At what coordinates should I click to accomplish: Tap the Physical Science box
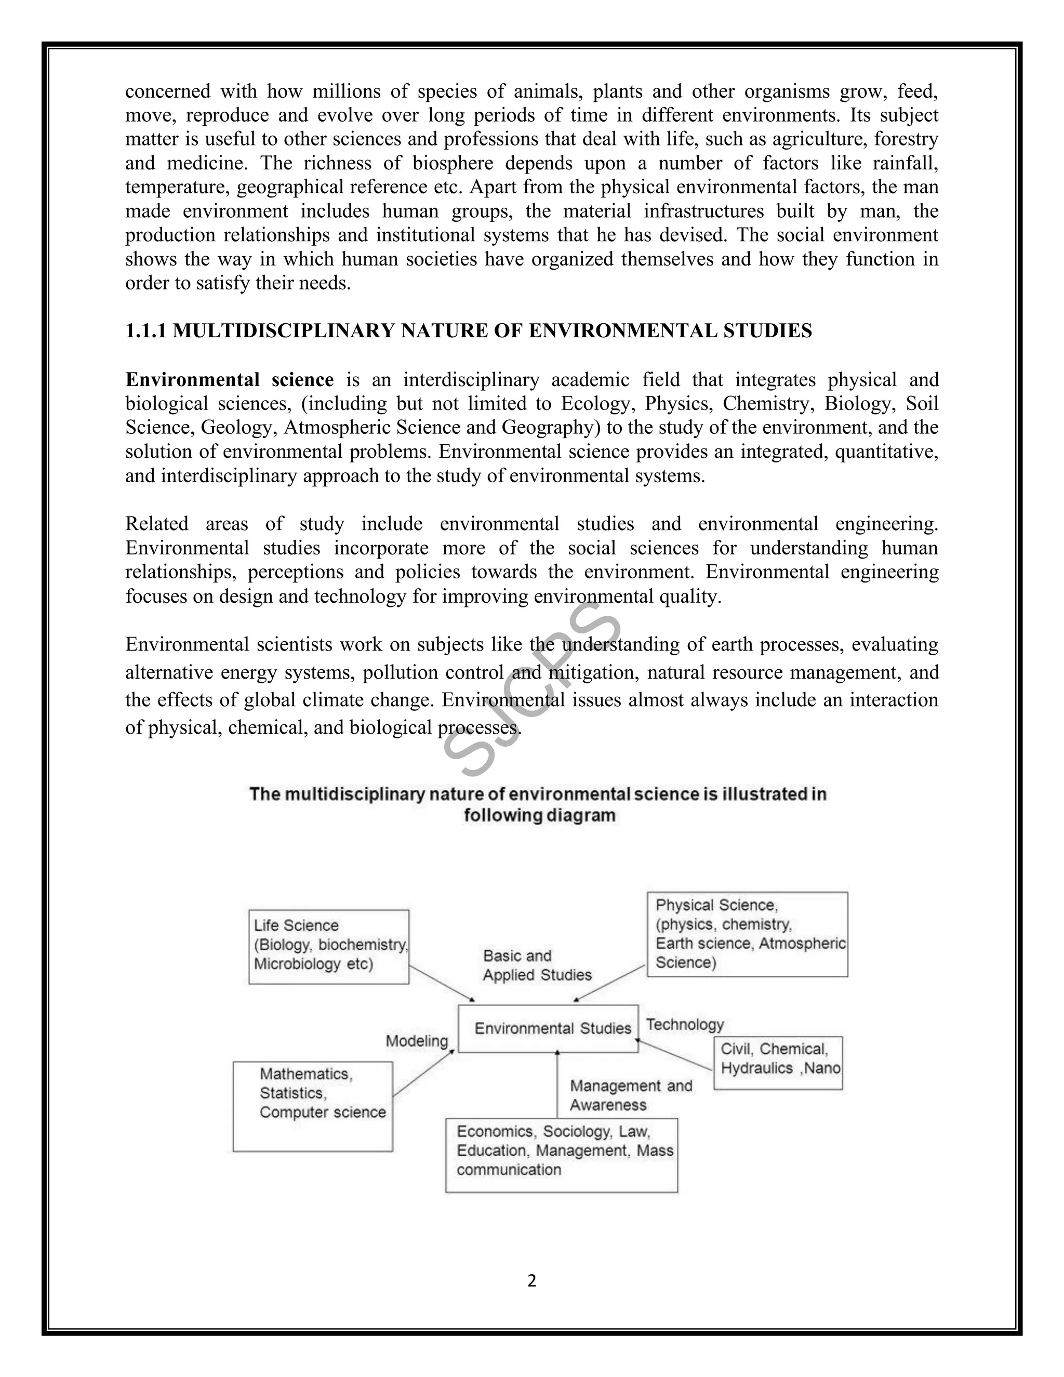tap(747, 934)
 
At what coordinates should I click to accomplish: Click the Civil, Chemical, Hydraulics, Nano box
tap(778, 1063)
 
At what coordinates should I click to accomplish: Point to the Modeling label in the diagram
tap(417, 1041)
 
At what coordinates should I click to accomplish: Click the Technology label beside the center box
tap(685, 1025)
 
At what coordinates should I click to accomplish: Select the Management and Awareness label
tap(630, 1095)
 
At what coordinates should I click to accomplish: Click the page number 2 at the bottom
tap(531, 1280)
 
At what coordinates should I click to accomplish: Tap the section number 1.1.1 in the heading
tap(145, 331)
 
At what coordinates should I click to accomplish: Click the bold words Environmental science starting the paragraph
tap(230, 379)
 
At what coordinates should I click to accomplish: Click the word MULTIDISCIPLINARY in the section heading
tap(284, 331)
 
